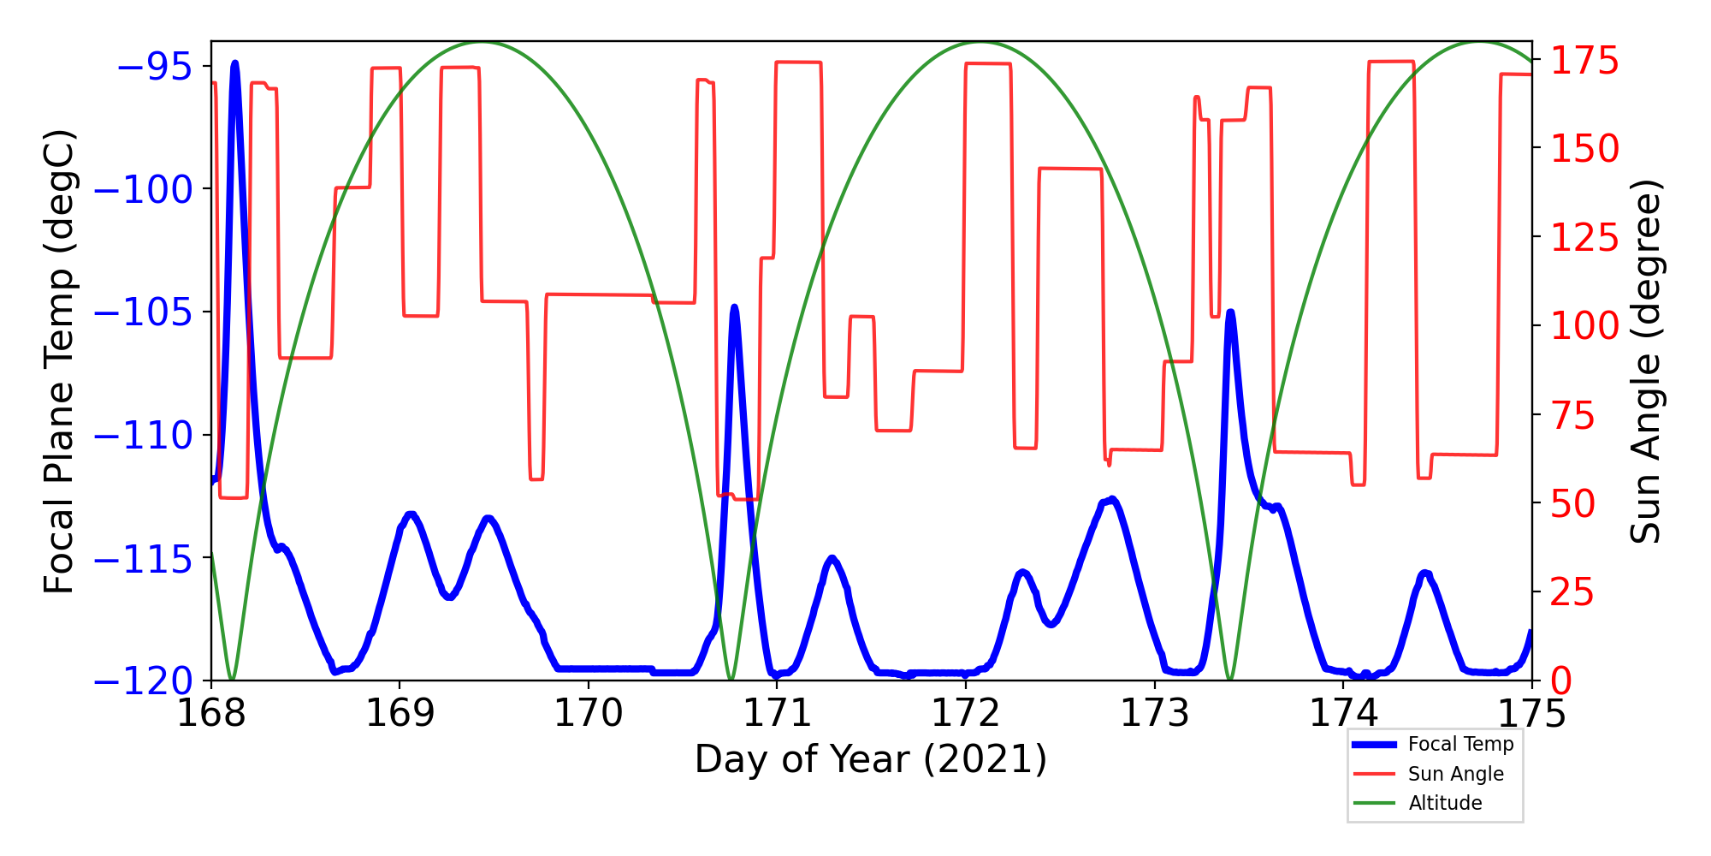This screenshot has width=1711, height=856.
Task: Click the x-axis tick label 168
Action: tap(210, 713)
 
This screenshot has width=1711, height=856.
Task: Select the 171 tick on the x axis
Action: tap(777, 713)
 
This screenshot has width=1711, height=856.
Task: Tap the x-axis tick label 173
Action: tap(1155, 713)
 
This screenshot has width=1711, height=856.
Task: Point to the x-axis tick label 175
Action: tap(1531, 713)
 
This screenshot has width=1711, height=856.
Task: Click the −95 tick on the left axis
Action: tap(154, 67)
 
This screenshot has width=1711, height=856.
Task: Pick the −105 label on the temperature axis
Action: tap(143, 312)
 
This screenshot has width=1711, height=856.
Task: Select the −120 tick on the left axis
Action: tap(143, 681)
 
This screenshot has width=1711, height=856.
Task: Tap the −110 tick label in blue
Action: tap(143, 436)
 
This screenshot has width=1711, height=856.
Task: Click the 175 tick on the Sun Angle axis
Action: tap(1585, 62)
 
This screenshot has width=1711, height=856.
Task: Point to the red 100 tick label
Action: tap(1585, 326)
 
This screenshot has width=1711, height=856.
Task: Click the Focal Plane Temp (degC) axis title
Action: tap(60, 361)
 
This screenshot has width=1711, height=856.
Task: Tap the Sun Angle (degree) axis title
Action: tap(1644, 361)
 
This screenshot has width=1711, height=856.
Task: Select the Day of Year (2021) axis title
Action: tap(871, 759)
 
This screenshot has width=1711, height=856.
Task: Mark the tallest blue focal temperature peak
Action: tap(234, 63)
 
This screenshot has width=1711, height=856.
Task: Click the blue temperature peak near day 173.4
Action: tap(1230, 312)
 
